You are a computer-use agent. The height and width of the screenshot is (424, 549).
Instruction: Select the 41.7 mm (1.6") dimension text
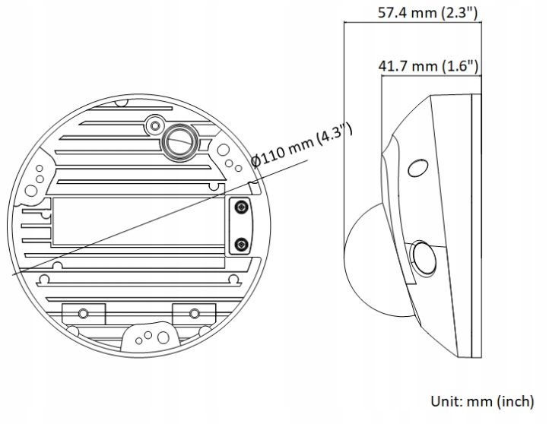pyautogui.click(x=428, y=66)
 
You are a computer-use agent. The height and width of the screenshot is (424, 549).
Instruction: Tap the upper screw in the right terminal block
pyautogui.click(x=241, y=207)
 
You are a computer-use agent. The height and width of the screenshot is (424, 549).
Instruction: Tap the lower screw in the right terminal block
pyautogui.click(x=241, y=243)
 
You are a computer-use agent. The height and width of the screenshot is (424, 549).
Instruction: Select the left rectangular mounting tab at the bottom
pyautogui.click(x=83, y=312)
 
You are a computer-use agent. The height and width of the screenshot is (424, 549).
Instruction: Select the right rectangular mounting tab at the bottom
pyautogui.click(x=194, y=312)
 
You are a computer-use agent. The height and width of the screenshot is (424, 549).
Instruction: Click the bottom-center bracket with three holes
pyautogui.click(x=150, y=335)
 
